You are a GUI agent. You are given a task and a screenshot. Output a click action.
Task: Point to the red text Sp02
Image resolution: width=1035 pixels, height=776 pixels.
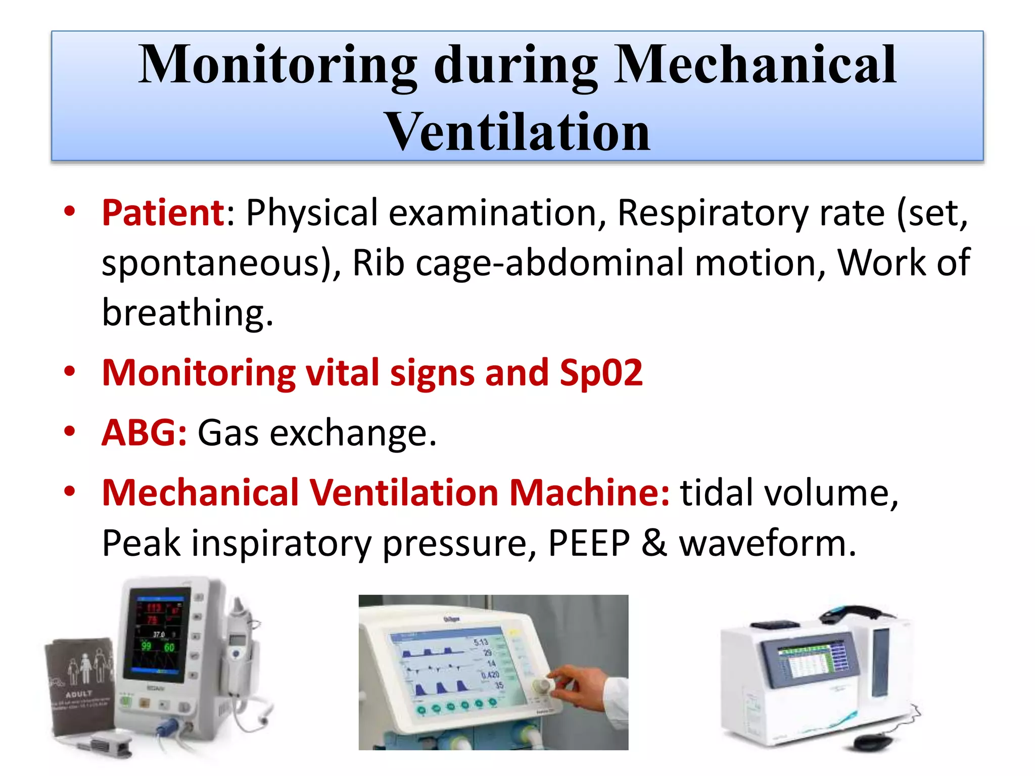tap(601, 373)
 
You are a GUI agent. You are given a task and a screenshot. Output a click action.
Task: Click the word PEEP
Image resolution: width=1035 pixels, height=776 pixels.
tap(589, 543)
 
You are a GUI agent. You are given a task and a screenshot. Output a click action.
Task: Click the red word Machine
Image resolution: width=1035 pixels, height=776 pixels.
tap(589, 492)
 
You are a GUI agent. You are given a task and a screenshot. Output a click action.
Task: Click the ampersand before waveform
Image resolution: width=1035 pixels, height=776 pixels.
tap(654, 543)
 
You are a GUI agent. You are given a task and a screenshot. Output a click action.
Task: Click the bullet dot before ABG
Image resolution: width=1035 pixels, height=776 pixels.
tap(70, 431)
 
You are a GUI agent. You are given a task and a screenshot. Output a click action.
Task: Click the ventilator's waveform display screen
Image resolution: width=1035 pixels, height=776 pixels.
tap(450, 667)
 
